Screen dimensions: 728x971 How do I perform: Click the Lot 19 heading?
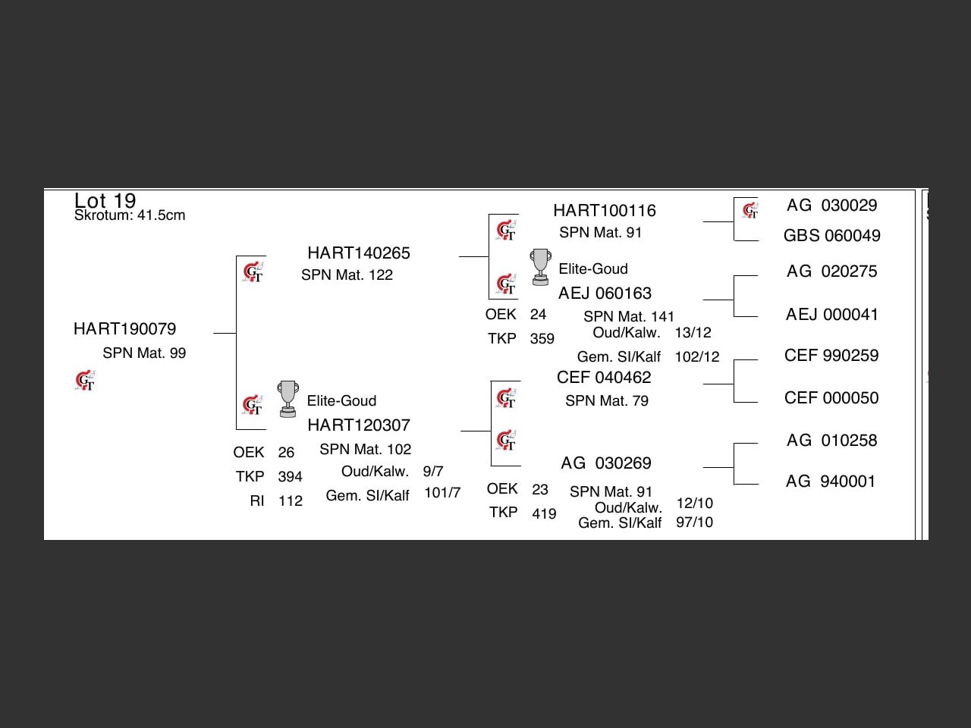coord(105,200)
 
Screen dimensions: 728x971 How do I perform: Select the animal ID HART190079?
coord(124,329)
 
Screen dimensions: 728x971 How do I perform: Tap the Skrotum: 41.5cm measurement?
coord(130,215)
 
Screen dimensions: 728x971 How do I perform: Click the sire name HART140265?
coord(358,253)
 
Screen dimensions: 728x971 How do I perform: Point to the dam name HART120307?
coord(358,425)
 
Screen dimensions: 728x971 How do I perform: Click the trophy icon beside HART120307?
coord(288,399)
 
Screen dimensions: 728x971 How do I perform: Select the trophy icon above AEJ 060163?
coord(540,267)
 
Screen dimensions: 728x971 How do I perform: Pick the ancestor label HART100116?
coord(604,211)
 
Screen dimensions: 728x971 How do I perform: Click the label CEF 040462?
coord(603,378)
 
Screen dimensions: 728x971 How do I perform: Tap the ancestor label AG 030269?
coord(605,463)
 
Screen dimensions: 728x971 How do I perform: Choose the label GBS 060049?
coord(831,236)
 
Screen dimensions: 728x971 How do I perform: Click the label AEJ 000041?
coord(831,315)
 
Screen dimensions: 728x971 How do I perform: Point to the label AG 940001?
coord(830,482)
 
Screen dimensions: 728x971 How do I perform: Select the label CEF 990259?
coord(831,356)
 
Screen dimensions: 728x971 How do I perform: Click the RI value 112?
coord(291,501)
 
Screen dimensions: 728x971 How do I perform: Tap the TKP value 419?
coord(544,514)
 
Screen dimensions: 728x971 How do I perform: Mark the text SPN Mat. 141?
coord(628,317)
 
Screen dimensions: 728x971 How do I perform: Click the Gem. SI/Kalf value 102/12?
coord(696,357)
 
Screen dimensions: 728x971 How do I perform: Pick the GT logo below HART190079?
coord(85,381)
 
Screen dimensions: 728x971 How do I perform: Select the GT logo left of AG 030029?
coord(749,210)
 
